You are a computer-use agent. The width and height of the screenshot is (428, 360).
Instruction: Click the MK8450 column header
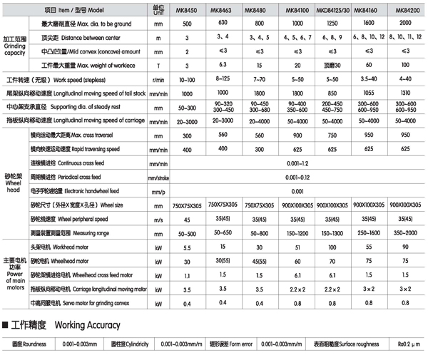pyautogui.click(x=188, y=11)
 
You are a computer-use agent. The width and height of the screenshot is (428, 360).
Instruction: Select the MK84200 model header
pyautogui.click(x=408, y=11)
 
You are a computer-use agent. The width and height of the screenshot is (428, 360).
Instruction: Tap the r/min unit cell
pyautogui.click(x=158, y=80)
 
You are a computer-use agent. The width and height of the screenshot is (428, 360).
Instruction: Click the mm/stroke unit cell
pyautogui.click(x=158, y=177)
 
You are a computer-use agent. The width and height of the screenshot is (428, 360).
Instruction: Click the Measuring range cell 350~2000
pyautogui.click(x=407, y=232)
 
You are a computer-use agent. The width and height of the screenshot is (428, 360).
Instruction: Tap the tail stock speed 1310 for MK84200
pyautogui.click(x=408, y=93)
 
